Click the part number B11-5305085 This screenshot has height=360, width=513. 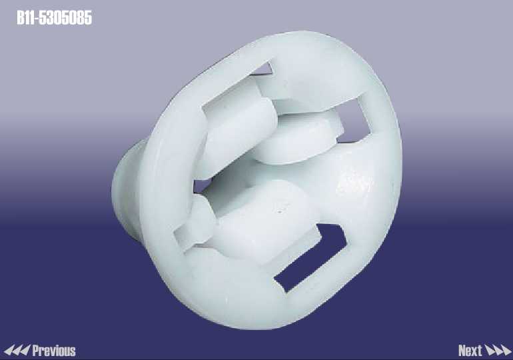click(x=55, y=18)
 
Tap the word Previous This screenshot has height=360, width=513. click(x=54, y=351)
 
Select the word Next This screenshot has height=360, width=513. click(x=470, y=351)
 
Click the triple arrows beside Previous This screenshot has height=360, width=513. click(x=17, y=350)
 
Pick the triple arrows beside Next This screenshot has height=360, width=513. click(x=498, y=350)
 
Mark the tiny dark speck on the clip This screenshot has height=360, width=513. click(x=279, y=212)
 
